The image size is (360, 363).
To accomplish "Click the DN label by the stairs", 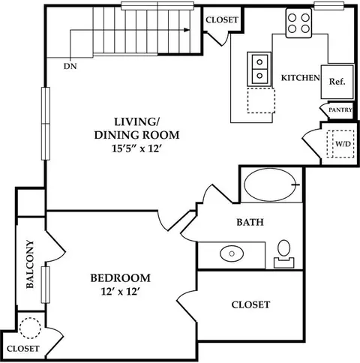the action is pos(70,66).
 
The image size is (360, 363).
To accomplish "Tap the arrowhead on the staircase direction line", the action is pos(187,30).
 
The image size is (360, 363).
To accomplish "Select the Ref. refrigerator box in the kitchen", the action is pos(337,82).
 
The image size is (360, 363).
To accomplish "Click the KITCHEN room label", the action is pos(301,78).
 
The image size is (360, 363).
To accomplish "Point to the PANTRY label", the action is pos(340,109).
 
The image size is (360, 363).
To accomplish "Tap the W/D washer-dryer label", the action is pos(343,144).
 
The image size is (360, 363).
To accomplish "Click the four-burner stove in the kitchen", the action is pos(298,23).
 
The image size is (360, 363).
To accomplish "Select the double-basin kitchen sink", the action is pos(259,69).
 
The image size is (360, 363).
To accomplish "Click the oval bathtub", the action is pos(271,184).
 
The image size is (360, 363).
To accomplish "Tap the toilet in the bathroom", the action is pos(284,254).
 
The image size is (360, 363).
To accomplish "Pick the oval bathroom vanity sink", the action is pos(232,253).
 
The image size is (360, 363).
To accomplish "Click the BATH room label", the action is pos(250,222).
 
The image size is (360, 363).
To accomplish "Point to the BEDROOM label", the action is pos(121,278).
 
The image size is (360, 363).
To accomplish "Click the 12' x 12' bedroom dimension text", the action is pos(120,292).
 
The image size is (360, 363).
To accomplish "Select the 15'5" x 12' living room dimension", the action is pos(136,148).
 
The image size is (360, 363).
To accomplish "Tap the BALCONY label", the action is pos(30,264).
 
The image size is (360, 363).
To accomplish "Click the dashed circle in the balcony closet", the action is pos(30,328).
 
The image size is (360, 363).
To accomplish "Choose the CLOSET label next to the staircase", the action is pos(222,19).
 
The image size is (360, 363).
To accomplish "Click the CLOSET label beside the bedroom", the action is pos(250,304).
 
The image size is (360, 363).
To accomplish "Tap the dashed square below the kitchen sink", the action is pos(261,100).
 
